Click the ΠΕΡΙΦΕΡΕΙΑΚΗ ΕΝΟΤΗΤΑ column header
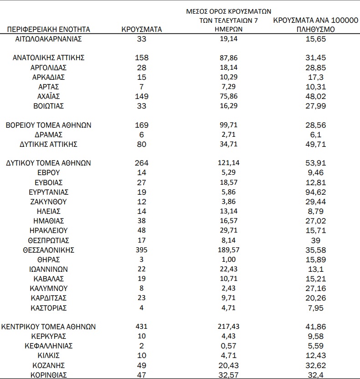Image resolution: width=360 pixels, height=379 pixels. (49, 30)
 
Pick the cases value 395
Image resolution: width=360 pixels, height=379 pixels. (142, 250)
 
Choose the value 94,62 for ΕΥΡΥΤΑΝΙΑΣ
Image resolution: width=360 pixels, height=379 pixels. (316, 192)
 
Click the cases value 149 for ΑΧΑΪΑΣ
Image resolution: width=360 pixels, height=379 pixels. (142, 96)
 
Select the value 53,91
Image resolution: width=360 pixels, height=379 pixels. (316, 163)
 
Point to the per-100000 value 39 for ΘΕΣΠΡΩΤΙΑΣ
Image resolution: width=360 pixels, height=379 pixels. (316, 240)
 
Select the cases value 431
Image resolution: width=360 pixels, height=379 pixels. (142, 327)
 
